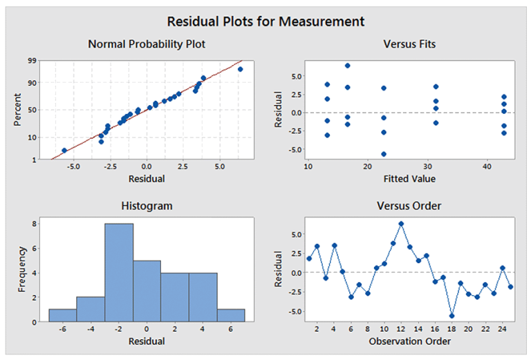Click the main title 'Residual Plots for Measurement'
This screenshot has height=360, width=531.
[266, 21]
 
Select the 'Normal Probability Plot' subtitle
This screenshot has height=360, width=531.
[147, 44]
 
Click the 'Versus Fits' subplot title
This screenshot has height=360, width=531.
[409, 44]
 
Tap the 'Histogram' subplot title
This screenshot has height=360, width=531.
[147, 206]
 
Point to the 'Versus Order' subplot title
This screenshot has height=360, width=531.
[409, 206]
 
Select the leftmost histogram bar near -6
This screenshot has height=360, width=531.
[62, 315]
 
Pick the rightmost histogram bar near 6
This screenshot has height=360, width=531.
[231, 315]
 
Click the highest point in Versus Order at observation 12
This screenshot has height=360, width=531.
[401, 224]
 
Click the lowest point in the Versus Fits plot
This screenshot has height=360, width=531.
[384, 154]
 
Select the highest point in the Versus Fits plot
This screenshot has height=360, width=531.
[348, 66]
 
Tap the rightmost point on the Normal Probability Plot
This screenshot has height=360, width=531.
[240, 69]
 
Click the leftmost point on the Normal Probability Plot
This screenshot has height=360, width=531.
[64, 151]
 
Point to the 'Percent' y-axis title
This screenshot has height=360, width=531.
[19, 111]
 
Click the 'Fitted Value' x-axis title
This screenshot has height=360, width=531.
[409, 179]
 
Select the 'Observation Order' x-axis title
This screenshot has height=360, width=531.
[409, 341]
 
